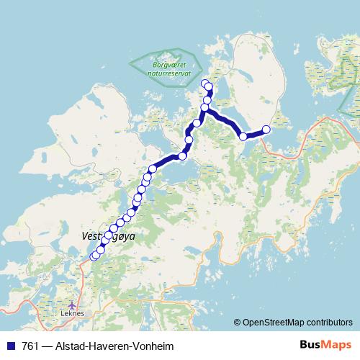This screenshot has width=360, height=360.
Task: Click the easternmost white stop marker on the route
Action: point(266,130)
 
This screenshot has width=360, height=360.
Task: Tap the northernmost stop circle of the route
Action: point(204,83)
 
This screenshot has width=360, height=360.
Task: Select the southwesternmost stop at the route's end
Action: point(93,257)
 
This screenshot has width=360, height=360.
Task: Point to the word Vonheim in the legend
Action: point(151,346)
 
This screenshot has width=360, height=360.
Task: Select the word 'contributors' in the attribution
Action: point(329,322)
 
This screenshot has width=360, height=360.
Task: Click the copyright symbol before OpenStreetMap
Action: point(238,322)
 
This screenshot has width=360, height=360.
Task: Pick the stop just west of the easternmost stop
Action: point(243,136)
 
